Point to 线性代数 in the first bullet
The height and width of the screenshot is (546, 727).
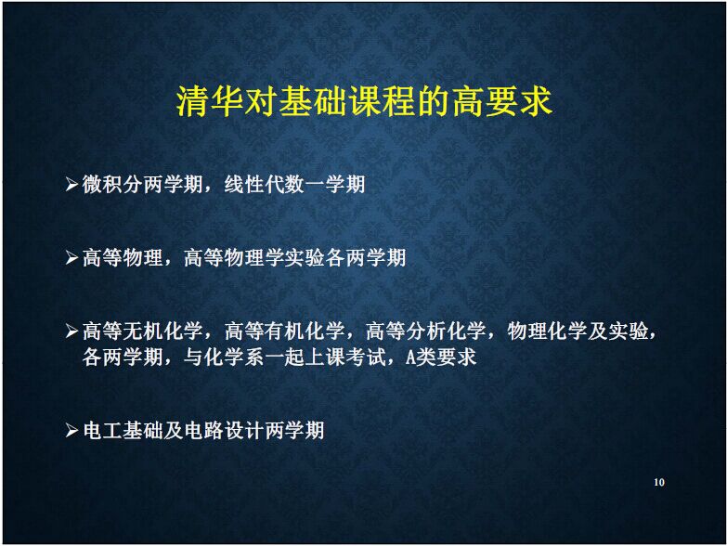coord(265,184)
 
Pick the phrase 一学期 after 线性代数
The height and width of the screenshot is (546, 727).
coord(335,184)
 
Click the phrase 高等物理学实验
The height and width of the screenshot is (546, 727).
coord(254,257)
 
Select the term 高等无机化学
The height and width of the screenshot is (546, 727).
coord(143,331)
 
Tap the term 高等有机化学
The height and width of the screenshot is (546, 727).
coord(285,331)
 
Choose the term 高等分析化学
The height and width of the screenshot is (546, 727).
coord(426,331)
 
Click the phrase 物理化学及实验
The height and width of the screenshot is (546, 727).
coord(578,331)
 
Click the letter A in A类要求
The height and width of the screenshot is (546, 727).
coord(410,357)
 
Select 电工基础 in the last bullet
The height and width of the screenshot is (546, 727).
coord(123,430)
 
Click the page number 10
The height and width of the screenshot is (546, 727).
coord(659,482)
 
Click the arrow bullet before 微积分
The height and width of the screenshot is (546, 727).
coord(71,185)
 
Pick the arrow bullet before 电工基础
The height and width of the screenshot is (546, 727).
coord(71,431)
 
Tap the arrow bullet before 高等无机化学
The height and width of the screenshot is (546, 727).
coord(71,331)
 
